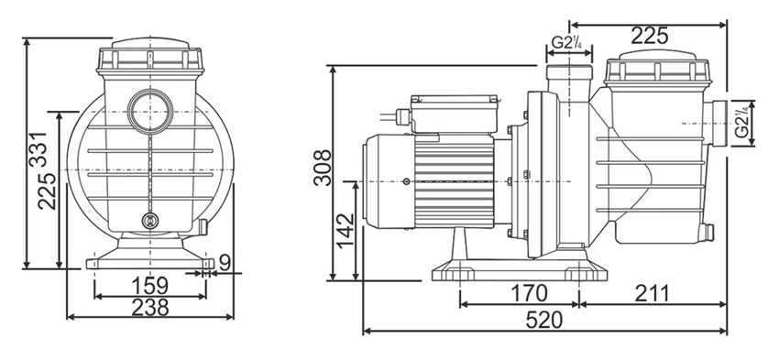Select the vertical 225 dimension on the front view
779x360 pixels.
[x=47, y=191]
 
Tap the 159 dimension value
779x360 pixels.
[x=150, y=286]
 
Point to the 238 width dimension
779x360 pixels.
[x=150, y=308]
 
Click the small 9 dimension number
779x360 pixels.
[x=225, y=263]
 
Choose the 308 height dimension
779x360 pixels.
[x=322, y=168]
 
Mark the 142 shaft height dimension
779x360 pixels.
[x=345, y=231]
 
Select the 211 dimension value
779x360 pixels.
[x=652, y=293]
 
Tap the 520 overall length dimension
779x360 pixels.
[x=544, y=321]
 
